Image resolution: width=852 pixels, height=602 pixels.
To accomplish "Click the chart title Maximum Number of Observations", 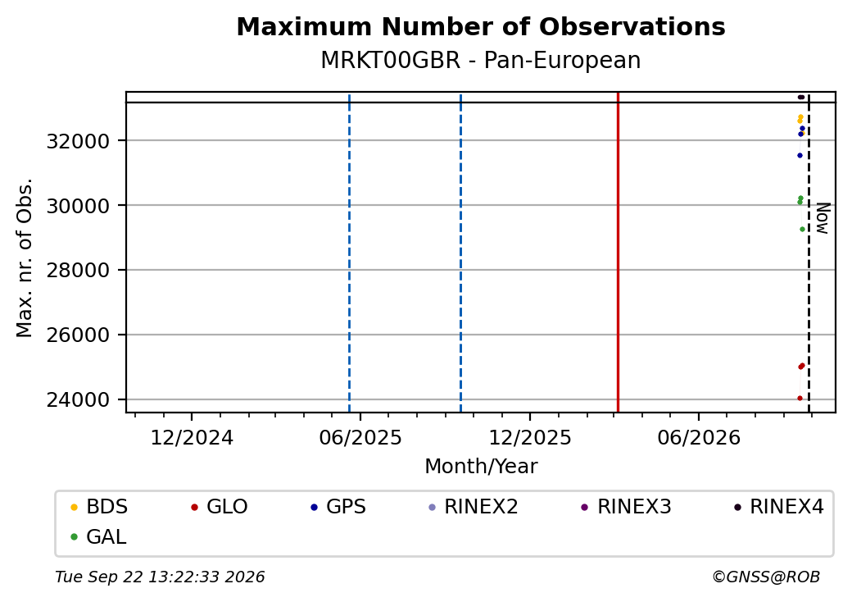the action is [481, 26].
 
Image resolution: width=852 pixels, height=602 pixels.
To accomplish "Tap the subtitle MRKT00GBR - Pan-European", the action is [481, 60].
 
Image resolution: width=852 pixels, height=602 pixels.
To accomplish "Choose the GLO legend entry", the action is [220, 507].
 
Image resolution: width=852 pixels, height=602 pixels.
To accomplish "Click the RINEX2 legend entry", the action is [474, 507].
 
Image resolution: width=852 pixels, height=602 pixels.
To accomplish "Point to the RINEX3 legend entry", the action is [626, 507].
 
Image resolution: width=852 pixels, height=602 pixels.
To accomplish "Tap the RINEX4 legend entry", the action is [778, 507].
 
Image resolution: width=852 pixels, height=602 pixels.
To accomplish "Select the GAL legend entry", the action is [98, 536].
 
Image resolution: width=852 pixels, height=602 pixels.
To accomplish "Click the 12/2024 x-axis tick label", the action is [192, 438].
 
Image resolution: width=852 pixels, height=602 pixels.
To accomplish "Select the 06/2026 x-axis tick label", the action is [699, 438].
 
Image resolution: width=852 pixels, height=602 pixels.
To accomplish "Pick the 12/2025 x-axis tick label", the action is [530, 438].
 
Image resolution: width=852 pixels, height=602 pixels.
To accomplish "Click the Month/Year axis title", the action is [481, 467].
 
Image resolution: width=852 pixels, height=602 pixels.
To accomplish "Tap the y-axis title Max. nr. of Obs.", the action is [25, 258].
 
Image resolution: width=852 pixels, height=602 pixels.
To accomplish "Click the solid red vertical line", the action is [618, 253].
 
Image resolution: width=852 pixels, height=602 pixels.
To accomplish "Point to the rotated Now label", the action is [823, 218].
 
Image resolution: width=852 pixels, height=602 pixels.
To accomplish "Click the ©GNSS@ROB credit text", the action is [766, 577].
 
